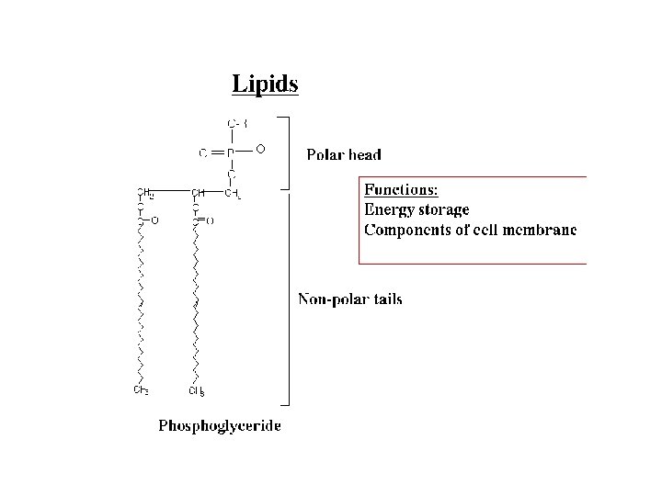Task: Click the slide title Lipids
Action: tap(265, 85)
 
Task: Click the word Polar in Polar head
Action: tap(325, 155)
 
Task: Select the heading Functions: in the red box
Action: tap(401, 190)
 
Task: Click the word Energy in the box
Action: tap(389, 210)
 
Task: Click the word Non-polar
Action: tap(329, 299)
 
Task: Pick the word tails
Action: tap(384, 299)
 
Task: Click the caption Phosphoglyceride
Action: tap(220, 425)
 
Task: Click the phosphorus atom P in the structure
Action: tap(231, 152)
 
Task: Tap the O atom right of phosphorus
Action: tap(260, 149)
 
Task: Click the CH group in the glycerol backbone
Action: tap(197, 192)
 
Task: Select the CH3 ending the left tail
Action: tap(142, 390)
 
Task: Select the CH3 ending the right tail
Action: tap(197, 391)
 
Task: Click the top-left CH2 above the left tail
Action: tap(144, 192)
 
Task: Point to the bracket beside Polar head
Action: tap(287, 152)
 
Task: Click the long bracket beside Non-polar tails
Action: tap(288, 299)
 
